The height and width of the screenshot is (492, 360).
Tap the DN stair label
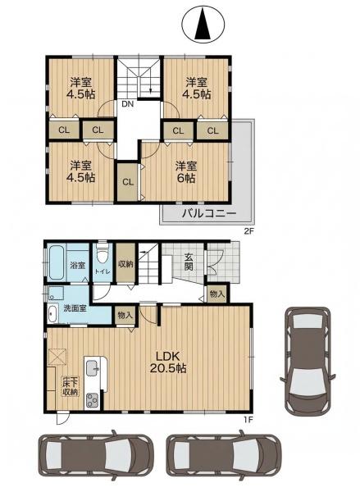[127, 104]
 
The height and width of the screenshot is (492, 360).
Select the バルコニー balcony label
[209, 214]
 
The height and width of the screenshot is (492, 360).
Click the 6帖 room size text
[185, 178]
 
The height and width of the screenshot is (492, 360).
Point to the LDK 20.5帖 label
[168, 362]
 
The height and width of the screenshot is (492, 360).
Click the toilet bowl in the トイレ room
[102, 257]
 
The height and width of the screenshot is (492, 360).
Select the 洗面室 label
[75, 308]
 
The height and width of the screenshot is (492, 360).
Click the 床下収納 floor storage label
[71, 387]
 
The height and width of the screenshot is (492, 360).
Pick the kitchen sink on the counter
[93, 368]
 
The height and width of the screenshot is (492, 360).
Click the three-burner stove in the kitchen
[92, 400]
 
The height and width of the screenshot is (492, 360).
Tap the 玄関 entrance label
[189, 262]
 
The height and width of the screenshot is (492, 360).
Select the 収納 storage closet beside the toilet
[125, 263]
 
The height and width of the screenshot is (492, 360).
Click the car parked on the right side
[308, 360]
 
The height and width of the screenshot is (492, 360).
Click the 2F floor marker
[248, 231]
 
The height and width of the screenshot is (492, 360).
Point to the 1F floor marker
[248, 419]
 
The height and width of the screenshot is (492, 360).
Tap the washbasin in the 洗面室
[52, 313]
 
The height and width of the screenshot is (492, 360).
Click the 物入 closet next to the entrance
[216, 294]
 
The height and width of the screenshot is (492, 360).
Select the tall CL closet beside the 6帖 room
[127, 182]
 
